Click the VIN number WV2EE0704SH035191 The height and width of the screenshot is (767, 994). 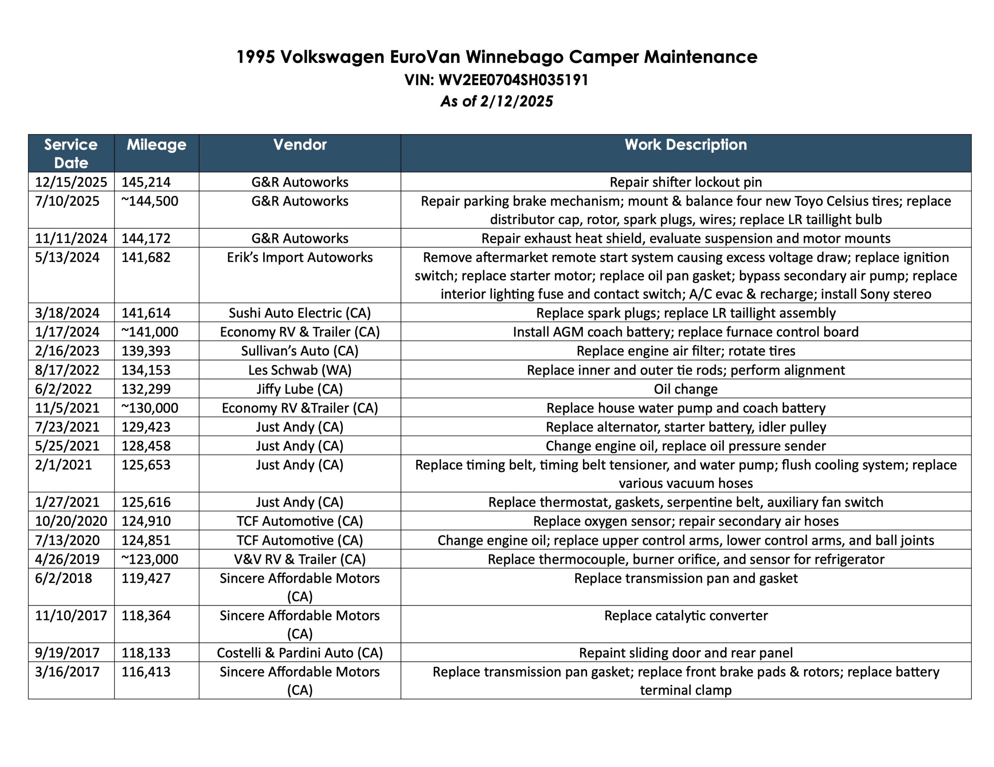513,80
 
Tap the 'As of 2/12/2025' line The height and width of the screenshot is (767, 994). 497,101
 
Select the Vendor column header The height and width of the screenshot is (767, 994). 300,145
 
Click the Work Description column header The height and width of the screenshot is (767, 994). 685,145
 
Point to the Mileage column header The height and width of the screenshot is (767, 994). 156,145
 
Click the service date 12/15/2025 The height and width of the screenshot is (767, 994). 71,182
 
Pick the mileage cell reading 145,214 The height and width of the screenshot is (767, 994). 146,182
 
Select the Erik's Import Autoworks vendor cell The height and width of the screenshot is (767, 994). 300,257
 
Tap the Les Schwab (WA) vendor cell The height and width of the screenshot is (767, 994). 300,370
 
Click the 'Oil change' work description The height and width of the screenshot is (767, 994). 685,389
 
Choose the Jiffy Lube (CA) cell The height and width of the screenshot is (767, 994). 300,389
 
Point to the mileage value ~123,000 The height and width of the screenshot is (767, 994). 150,559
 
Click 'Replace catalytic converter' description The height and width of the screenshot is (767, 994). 685,616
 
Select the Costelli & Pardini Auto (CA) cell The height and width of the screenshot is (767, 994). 300,653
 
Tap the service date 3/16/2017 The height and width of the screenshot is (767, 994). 67,672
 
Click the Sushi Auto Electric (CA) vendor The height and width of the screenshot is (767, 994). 300,313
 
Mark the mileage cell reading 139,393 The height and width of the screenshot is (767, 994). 146,351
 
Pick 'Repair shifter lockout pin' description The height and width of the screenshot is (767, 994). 685,182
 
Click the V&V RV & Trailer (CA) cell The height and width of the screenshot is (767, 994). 300,559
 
